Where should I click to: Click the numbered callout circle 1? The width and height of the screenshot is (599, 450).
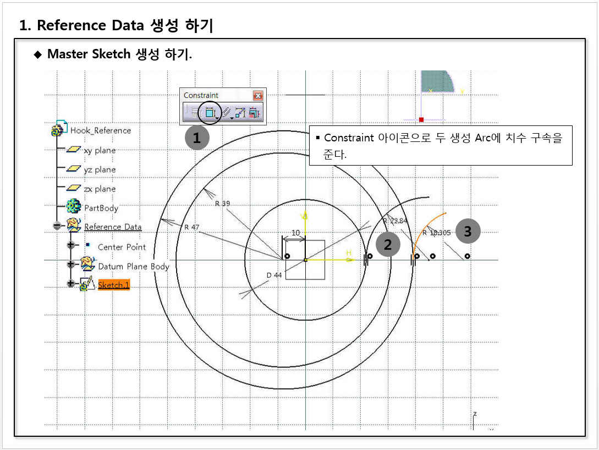[x=197, y=138]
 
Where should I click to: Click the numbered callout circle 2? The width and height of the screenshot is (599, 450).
[x=388, y=245]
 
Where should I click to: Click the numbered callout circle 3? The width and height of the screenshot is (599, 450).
[x=468, y=231]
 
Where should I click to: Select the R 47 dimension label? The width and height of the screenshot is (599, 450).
[x=192, y=227]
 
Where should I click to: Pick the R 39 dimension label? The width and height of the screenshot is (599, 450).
[x=222, y=204]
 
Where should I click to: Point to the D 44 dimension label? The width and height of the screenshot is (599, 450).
[x=274, y=275]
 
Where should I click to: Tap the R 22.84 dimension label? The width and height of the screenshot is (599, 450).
[x=394, y=221]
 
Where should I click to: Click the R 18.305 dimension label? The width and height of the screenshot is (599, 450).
[x=436, y=233]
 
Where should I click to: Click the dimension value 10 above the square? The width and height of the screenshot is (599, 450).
[x=295, y=233]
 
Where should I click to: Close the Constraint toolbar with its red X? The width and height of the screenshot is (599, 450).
[x=257, y=95]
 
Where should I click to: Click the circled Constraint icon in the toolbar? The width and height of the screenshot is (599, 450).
[x=210, y=113]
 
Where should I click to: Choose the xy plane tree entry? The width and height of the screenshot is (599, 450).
[x=100, y=150]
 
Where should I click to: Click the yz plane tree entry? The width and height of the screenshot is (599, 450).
[x=100, y=169]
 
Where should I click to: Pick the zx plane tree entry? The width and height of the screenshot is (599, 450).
[x=100, y=189]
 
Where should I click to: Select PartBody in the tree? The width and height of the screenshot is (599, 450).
[x=101, y=208]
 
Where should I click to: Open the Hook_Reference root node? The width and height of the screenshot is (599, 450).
[x=100, y=130]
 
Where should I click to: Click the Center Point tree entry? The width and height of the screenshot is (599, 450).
[x=122, y=247]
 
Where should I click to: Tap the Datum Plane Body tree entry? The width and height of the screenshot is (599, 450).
[x=133, y=266]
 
